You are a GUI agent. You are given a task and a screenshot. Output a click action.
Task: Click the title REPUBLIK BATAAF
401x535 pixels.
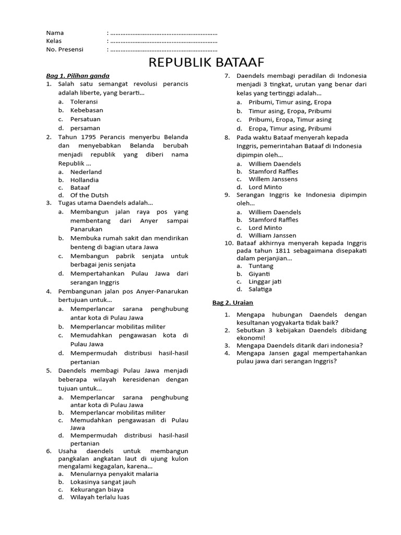pos(206,63)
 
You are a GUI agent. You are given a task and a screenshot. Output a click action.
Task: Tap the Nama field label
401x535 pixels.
pos(55,32)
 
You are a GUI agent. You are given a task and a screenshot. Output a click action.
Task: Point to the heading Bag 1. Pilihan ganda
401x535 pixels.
pos(78,76)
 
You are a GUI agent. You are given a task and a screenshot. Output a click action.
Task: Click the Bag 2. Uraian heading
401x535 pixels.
pos(232,303)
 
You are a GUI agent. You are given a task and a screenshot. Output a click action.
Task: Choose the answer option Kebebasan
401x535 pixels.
pos(87,110)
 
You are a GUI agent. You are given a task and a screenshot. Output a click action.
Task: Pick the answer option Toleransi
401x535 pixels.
pos(84,101)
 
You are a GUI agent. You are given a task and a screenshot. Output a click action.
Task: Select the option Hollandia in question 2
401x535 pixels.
pos(85,180)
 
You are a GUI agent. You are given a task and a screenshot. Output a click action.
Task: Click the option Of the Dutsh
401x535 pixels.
pos(89,195)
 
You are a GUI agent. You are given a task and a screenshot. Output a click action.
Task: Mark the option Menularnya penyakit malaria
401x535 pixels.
pos(114,474)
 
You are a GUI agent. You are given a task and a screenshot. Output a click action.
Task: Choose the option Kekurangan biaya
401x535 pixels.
pos(97,490)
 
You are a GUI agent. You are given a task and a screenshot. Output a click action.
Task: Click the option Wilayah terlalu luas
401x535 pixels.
pos(100,497)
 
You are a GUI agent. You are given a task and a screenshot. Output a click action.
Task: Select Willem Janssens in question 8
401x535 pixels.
pos(273,179)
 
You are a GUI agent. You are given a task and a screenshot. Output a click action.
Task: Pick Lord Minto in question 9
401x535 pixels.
pos(265,228)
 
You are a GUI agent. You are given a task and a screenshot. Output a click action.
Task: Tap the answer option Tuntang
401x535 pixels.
pos(261,266)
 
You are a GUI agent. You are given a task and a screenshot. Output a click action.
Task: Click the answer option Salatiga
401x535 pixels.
pos(260,289)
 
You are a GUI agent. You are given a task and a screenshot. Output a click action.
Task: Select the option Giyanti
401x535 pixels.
pos(259,274)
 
